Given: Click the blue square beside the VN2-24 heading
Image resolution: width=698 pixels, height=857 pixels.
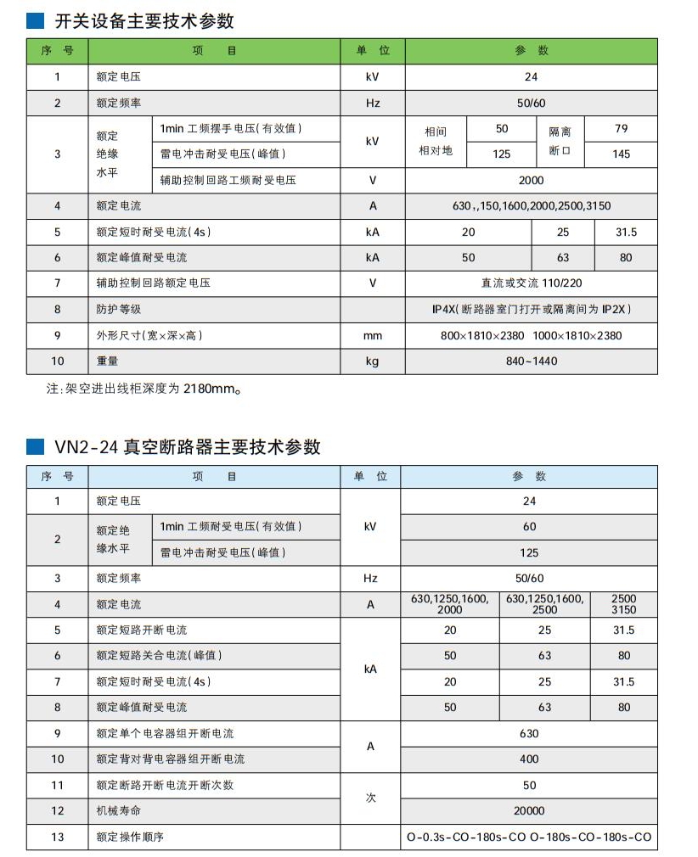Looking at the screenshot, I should point(36,445).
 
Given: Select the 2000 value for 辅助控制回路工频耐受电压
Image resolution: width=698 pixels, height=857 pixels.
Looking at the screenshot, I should point(531,180).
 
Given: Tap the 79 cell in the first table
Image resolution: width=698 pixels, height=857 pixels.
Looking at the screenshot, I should point(621,129).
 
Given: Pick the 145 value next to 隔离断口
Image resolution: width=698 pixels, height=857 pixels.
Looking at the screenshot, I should point(621,154).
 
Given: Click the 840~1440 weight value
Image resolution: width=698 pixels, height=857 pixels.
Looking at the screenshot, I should point(531,361).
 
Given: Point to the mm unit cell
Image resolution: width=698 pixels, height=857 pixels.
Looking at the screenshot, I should point(372,335).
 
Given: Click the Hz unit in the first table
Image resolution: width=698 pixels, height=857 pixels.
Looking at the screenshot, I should point(372,104).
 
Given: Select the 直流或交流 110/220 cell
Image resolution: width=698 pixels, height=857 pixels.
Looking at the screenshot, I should point(531,283).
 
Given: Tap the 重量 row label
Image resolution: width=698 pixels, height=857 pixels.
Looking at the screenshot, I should point(107,361).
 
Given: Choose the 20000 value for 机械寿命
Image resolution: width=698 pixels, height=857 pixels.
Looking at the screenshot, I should point(529,810).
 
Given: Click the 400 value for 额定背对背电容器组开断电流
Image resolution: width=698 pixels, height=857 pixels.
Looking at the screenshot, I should point(529,759).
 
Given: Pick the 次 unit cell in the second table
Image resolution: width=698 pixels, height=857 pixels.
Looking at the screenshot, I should point(369,798).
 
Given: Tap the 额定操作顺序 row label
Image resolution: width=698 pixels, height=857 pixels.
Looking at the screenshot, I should point(129,837).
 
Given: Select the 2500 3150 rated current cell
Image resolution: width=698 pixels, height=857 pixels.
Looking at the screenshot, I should point(623,604).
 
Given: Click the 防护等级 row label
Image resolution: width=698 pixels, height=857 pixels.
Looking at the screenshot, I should point(118,309).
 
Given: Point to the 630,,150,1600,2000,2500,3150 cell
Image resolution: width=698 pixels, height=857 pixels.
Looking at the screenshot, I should point(531,206).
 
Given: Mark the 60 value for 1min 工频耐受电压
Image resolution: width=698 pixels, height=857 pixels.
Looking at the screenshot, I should point(529,526).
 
